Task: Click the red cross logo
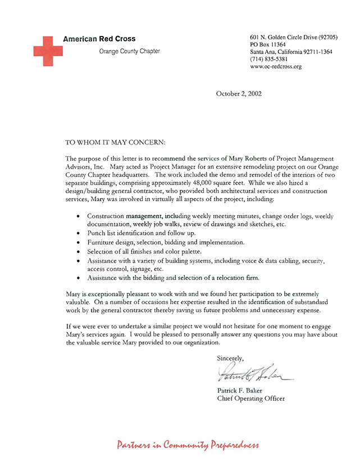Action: [47, 51]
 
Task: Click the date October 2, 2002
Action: [238, 94]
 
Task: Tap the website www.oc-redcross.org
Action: [276, 66]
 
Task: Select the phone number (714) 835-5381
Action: [269, 59]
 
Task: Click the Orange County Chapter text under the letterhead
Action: [129, 51]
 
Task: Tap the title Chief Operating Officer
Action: [250, 399]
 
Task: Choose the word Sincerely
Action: [230, 358]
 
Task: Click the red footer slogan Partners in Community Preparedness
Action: [188, 445]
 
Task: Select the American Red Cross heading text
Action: [99, 39]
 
